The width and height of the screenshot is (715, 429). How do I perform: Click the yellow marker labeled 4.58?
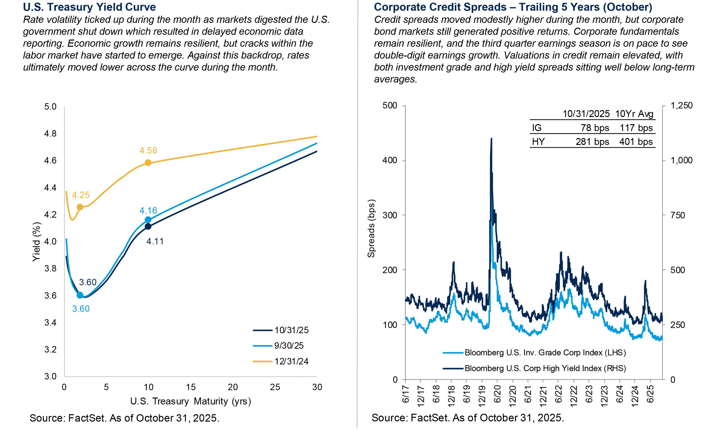coord(148,163)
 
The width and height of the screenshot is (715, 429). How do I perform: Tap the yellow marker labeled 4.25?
coord(80,207)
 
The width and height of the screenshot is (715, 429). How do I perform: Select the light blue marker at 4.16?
coord(148,220)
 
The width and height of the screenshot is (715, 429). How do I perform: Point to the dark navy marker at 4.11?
coord(148,226)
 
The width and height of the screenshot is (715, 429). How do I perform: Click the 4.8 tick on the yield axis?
coord(50,134)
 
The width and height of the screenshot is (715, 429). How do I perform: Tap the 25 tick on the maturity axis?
coord(275,387)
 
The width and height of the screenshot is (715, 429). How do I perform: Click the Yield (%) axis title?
coord(36,242)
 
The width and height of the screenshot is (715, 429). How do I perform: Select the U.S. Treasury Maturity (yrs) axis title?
coord(190,401)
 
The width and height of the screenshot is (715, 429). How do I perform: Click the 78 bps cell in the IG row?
coord(595,128)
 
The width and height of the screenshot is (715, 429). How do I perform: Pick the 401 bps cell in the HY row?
coord(636,142)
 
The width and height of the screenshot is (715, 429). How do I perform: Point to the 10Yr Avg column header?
coord(634,114)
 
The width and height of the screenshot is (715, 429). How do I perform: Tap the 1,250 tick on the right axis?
coord(682,106)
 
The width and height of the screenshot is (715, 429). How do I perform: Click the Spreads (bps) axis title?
coord(371,229)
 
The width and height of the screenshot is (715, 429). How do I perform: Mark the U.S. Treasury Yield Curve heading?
coord(89,7)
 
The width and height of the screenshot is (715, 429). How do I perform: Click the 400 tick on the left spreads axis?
coord(390,160)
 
